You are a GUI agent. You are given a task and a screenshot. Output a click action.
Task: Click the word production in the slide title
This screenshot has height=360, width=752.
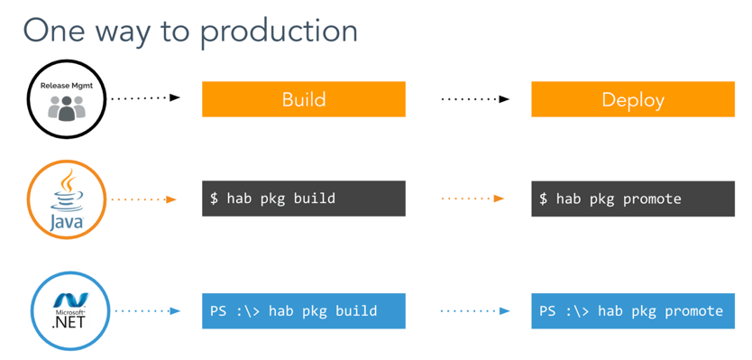coord(279,31)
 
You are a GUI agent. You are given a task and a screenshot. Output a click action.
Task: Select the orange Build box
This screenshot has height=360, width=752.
coord(303,99)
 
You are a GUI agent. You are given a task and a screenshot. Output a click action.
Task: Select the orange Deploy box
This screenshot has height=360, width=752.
coord(632,99)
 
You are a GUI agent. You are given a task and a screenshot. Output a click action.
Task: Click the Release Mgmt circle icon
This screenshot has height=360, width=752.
coord(67,98)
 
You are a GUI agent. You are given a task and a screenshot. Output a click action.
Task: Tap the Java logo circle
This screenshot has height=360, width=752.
coord(67,198)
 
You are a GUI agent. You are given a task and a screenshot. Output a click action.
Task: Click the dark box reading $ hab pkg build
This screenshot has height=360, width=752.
coord(303,198)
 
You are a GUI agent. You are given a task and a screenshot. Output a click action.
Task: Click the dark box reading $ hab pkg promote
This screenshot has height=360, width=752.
coord(632,198)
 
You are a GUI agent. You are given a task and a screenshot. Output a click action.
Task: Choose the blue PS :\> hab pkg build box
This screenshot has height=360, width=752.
coord(303,311)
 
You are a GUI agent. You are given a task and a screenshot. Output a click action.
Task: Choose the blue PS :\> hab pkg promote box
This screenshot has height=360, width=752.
coord(632,311)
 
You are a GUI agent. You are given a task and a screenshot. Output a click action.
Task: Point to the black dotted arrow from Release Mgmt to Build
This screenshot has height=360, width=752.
coord(145,97)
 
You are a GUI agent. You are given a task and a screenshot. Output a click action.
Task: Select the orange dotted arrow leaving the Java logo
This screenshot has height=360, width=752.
coord(143,198)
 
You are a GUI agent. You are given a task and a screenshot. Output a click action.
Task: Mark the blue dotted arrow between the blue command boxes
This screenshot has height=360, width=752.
coord(473,311)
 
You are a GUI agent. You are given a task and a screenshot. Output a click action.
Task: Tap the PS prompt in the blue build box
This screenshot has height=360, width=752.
coord(219,311)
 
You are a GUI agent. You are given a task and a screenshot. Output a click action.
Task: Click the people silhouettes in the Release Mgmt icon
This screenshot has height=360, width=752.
coord(67,109)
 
